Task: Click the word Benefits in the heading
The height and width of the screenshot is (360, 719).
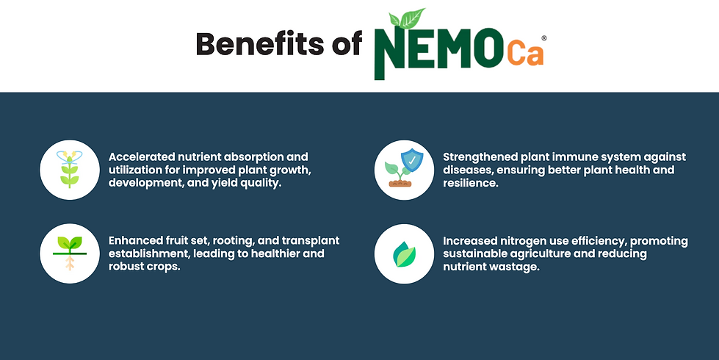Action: pyautogui.click(x=259, y=44)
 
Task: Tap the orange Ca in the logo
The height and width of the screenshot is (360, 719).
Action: pyautogui.click(x=526, y=54)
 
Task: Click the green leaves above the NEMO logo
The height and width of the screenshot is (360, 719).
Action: pyautogui.click(x=407, y=18)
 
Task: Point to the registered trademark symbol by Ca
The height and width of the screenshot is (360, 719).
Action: pyautogui.click(x=543, y=38)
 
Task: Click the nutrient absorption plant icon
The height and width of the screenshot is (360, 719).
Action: pyautogui.click(x=70, y=169)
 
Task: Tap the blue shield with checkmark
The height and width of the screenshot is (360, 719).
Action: pyautogui.click(x=412, y=160)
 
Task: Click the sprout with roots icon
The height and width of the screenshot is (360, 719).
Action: pyautogui.click(x=70, y=253)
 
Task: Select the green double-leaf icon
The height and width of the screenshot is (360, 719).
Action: pyautogui.click(x=404, y=254)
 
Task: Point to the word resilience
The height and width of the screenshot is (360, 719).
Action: pyautogui.click(x=470, y=183)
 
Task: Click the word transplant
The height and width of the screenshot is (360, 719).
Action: pyautogui.click(x=311, y=241)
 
